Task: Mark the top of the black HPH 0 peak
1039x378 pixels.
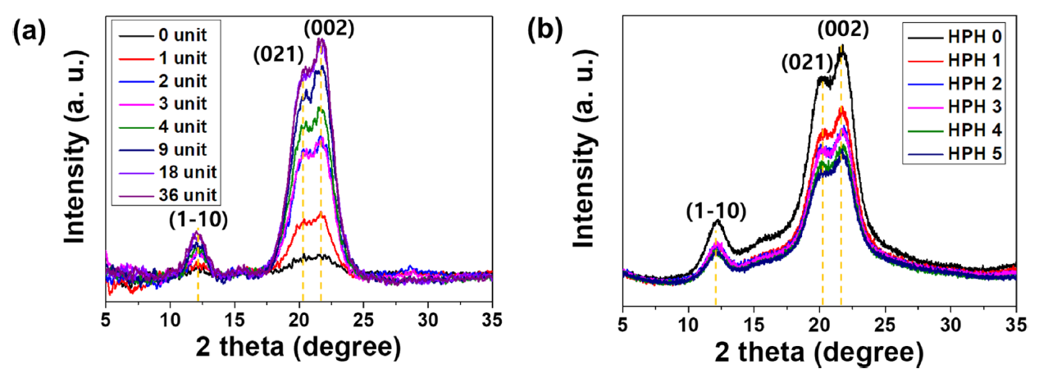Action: click(841, 51)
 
